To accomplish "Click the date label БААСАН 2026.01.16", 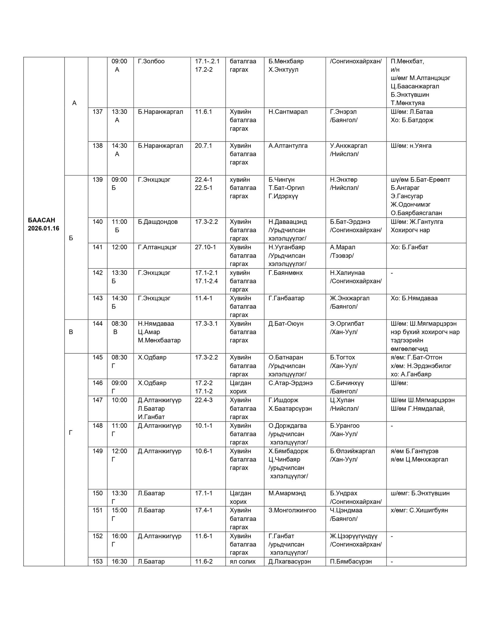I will click(x=43, y=224).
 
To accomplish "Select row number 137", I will click(x=98, y=112).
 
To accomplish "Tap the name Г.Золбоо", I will click(x=151, y=61).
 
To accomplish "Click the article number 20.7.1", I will click(x=203, y=146).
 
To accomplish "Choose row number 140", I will click(x=98, y=222).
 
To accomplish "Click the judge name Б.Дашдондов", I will click(x=157, y=222).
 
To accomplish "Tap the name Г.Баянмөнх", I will click(x=285, y=273).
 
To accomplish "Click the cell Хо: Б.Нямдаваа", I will click(x=414, y=298).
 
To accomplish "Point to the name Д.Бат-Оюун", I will click(x=286, y=324).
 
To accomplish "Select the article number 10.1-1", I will click(x=203, y=426).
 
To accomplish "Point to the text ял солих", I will click(x=242, y=562).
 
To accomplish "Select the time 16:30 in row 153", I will click(x=119, y=562).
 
